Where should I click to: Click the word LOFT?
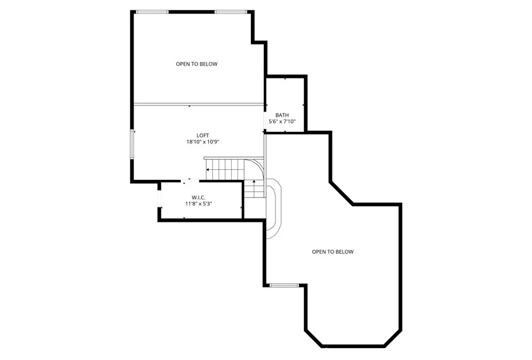[202, 136]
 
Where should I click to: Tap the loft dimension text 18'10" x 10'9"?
[202, 142]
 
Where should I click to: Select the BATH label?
[282, 115]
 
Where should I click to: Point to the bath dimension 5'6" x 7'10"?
[282, 122]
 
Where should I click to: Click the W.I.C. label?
[199, 197]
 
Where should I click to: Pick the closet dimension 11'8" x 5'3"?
[199, 204]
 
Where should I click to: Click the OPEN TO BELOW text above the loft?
[196, 64]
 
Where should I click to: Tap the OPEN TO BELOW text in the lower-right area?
[332, 252]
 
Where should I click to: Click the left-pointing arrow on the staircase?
[209, 170]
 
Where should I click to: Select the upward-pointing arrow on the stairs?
[254, 182]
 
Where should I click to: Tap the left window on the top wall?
[152, 11]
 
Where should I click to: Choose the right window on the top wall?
[231, 11]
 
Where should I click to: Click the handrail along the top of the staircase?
[223, 158]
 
